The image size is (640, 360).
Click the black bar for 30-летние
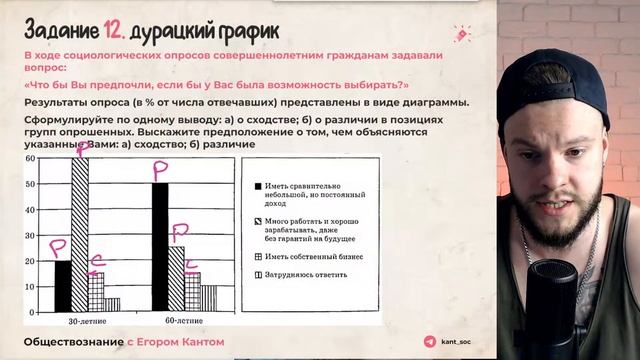(x=62, y=286)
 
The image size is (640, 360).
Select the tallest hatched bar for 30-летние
(x=79, y=236)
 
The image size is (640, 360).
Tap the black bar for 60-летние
(x=160, y=247)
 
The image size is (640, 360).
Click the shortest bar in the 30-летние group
(x=112, y=305)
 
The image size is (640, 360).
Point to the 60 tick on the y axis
(x=31, y=158)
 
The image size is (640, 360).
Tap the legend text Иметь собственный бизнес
(x=313, y=256)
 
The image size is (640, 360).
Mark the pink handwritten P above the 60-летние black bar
(x=160, y=169)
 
